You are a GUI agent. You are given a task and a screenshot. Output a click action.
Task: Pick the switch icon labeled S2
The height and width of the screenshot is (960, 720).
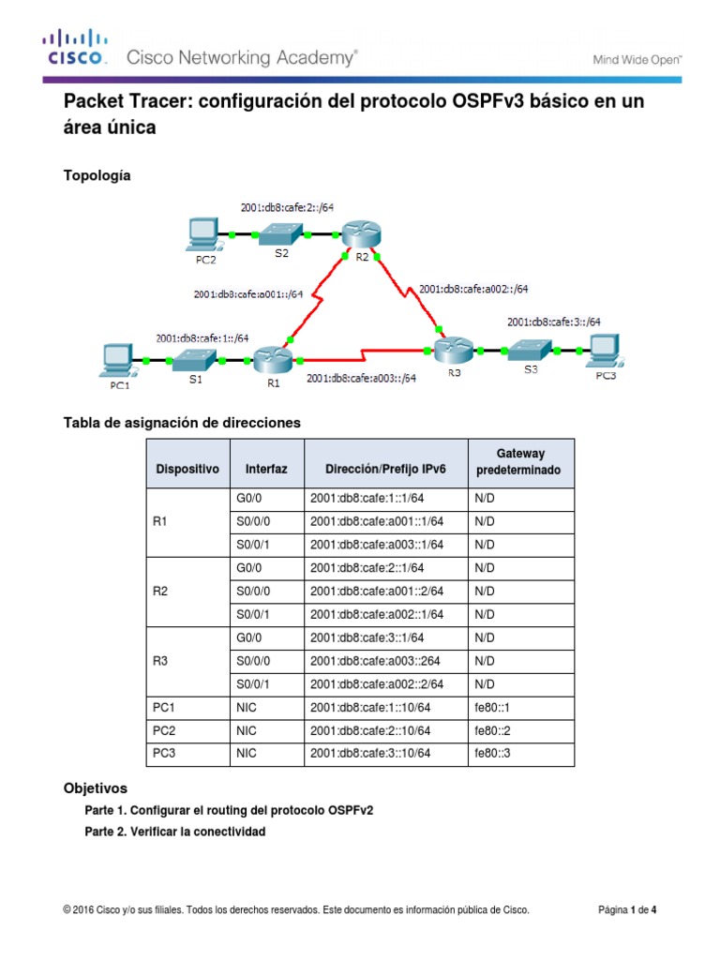tap(280, 234)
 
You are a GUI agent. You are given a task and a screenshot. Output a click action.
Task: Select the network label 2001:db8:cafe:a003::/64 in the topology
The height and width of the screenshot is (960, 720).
tap(361, 380)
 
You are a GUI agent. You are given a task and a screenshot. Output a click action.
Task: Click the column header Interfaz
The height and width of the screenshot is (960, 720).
tap(266, 469)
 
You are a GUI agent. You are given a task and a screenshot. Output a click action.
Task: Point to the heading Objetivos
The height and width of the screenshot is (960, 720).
tap(95, 788)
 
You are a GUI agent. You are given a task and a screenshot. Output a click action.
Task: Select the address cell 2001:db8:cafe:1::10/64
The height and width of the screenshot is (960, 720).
tap(370, 707)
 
